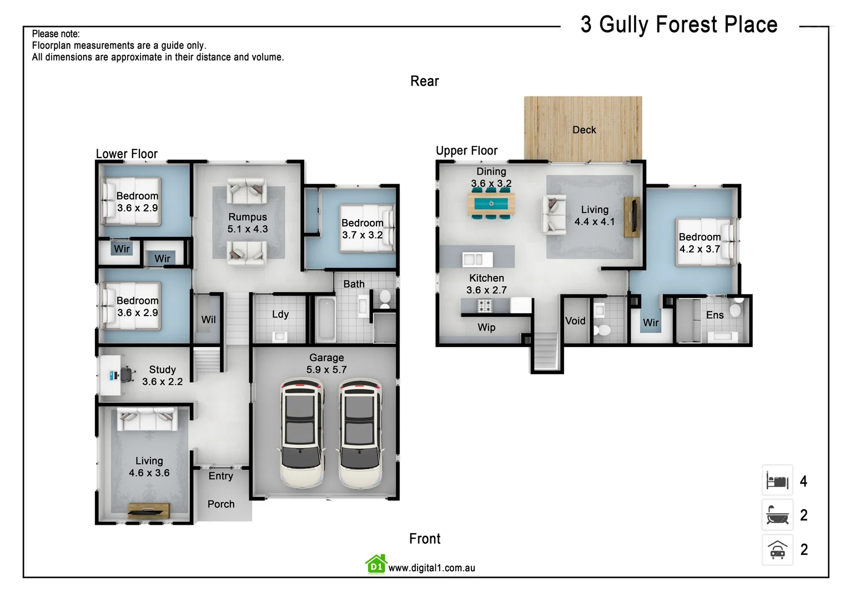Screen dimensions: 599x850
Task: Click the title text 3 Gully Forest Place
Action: point(678,25)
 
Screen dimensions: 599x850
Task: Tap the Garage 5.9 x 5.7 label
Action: point(326,364)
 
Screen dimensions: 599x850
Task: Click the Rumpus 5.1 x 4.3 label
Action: point(248,223)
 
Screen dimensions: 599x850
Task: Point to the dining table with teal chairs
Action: point(491,204)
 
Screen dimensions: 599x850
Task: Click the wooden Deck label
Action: point(584,130)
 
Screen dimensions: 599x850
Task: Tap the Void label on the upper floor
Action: point(575,321)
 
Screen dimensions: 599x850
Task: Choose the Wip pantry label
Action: point(486,327)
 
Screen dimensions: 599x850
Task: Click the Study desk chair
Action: point(127,374)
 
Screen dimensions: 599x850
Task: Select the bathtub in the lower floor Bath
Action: point(325,320)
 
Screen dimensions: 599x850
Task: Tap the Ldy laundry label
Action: point(280,314)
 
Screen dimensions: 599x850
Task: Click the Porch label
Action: point(221,504)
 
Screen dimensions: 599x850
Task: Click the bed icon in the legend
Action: point(777,481)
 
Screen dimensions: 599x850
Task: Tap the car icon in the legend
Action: point(777,550)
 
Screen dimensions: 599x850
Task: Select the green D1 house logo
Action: point(376,565)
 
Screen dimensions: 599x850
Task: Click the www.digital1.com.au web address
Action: point(431,568)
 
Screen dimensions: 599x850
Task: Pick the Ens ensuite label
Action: point(715,315)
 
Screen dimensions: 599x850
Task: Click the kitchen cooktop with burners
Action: point(485,305)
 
